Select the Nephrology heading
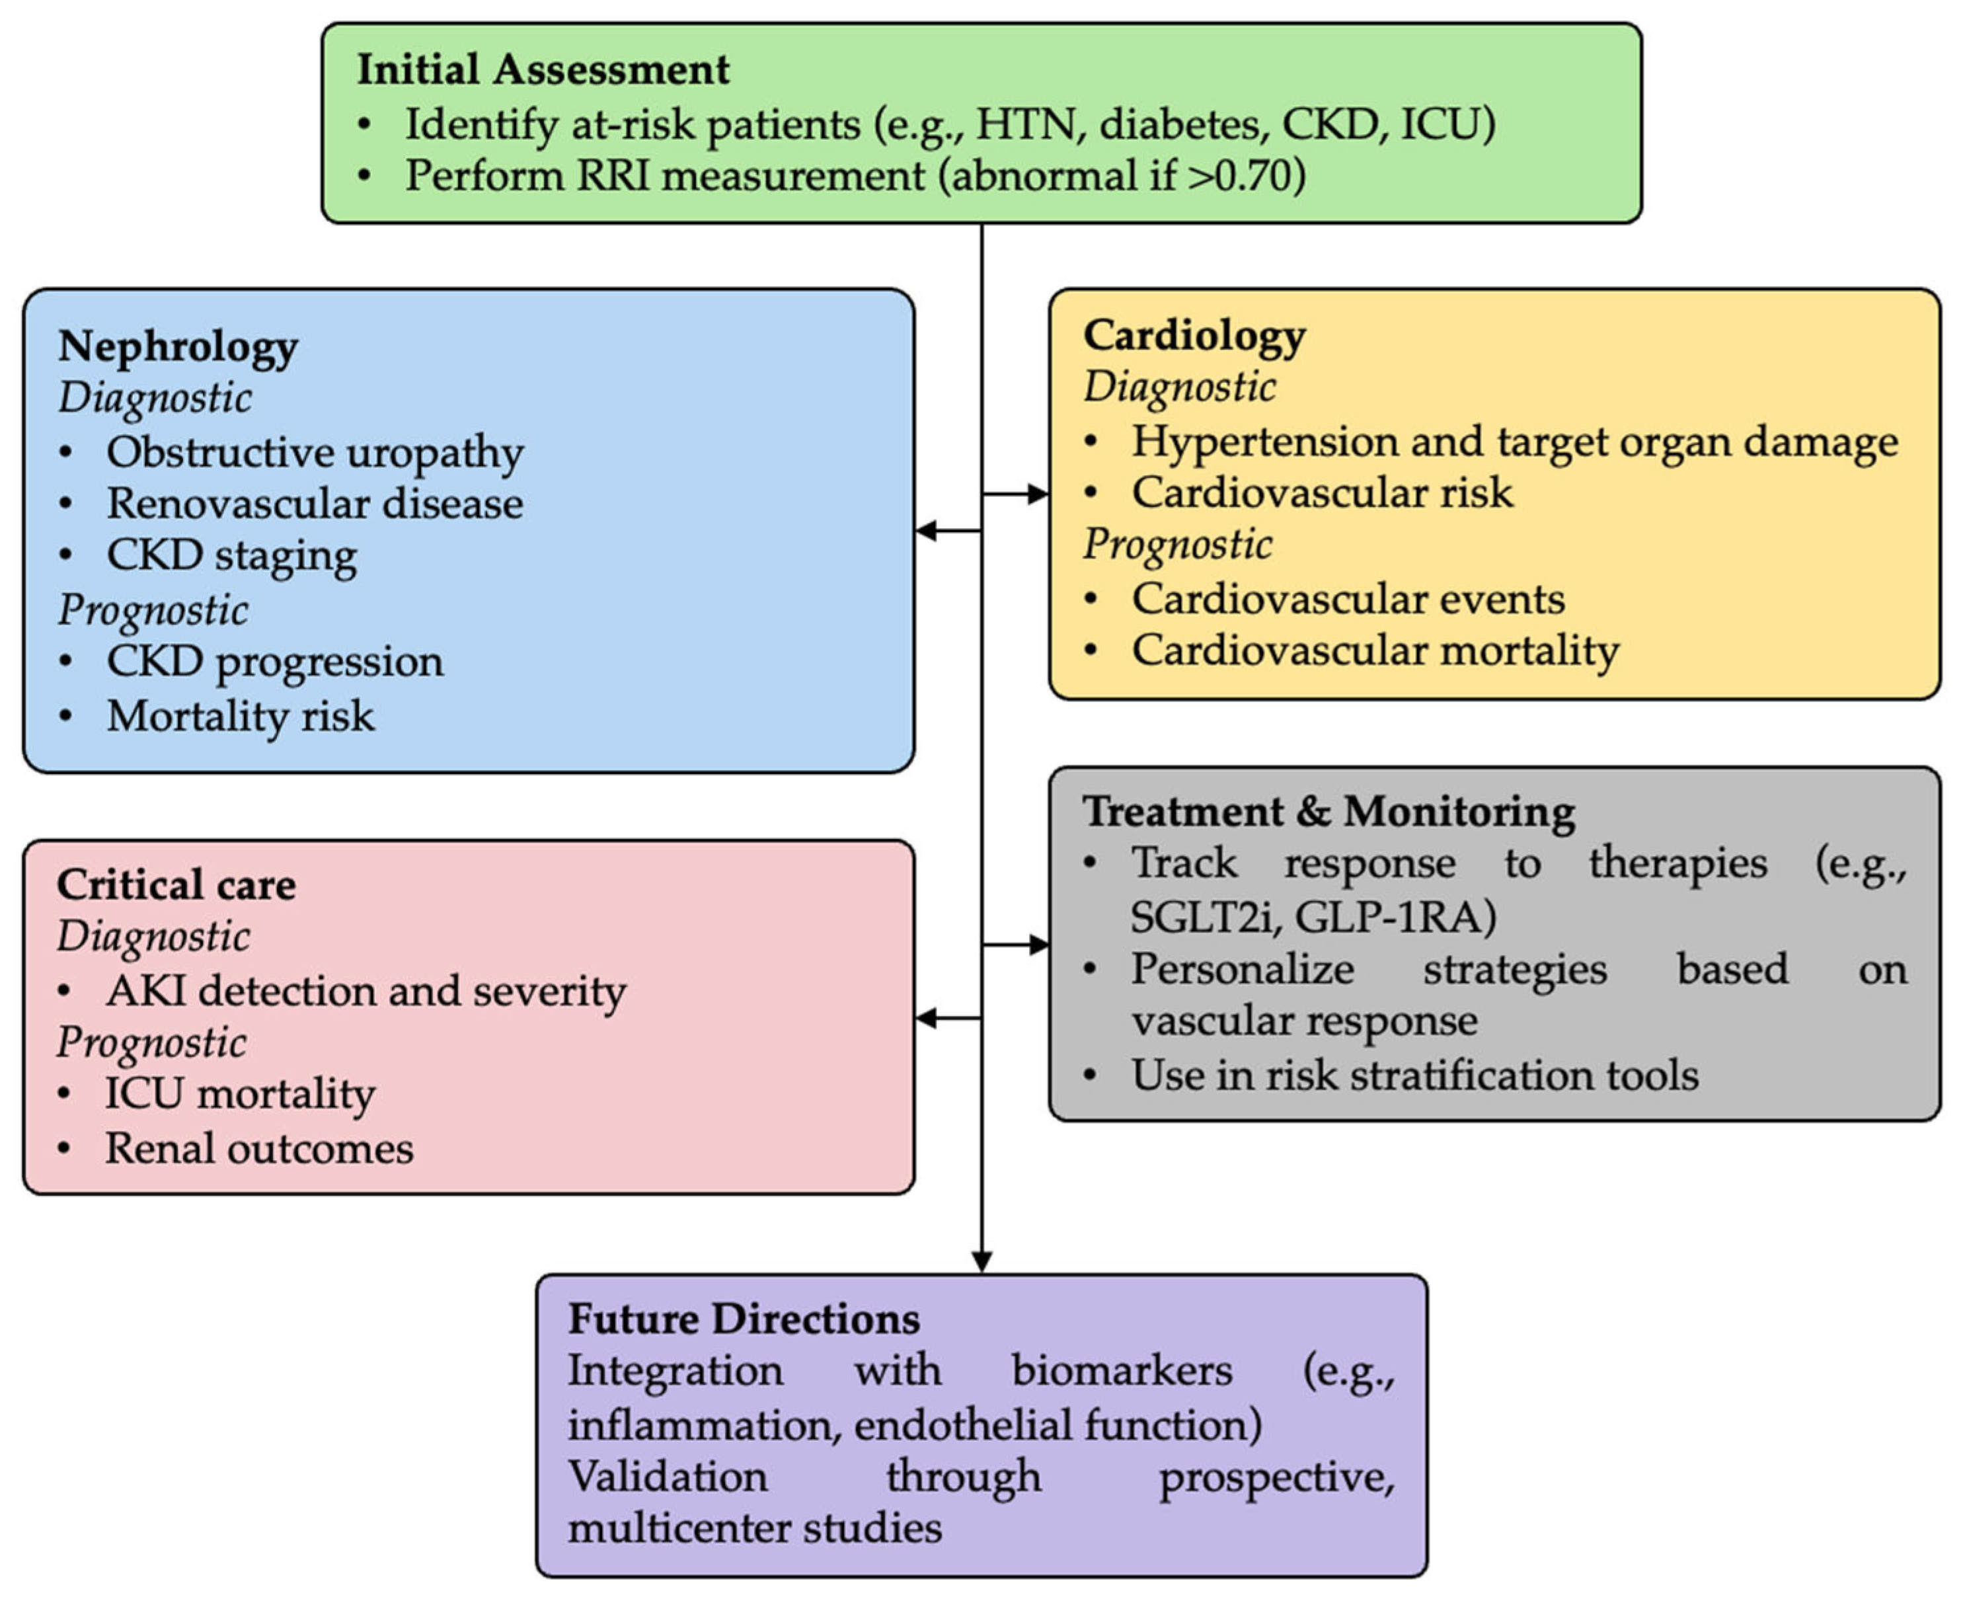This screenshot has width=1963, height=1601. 178,347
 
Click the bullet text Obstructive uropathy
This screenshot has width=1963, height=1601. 315,452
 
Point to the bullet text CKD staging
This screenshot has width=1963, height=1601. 231,555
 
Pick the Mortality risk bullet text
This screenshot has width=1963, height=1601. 241,716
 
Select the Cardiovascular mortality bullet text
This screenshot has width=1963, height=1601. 1375,650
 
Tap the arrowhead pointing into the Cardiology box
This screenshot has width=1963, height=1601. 1038,494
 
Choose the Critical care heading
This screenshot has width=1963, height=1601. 176,884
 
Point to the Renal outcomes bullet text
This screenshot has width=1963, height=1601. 259,1148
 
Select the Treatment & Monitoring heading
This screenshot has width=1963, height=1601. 1328,812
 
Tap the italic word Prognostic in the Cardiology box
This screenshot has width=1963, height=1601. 1177,544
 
